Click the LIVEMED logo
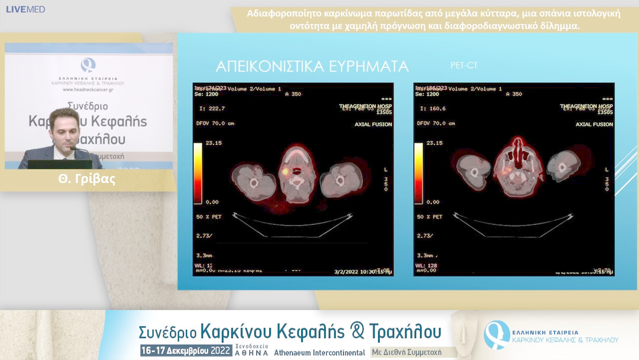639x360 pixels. pyautogui.click(x=25, y=9)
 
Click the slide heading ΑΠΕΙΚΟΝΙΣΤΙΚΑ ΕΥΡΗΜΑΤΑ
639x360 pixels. pyautogui.click(x=312, y=66)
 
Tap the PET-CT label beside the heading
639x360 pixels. pyautogui.click(x=464, y=65)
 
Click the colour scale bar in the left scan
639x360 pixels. pyautogui.click(x=198, y=172)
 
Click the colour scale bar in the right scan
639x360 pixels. pyautogui.click(x=418, y=172)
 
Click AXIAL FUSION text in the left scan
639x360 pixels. pyautogui.click(x=373, y=124)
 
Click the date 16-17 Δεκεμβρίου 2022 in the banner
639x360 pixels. pyautogui.click(x=186, y=351)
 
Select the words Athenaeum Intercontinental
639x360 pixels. pyautogui.click(x=319, y=352)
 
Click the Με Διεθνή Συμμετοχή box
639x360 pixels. pyautogui.click(x=414, y=352)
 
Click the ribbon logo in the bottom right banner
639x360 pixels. pyautogui.click(x=496, y=335)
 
